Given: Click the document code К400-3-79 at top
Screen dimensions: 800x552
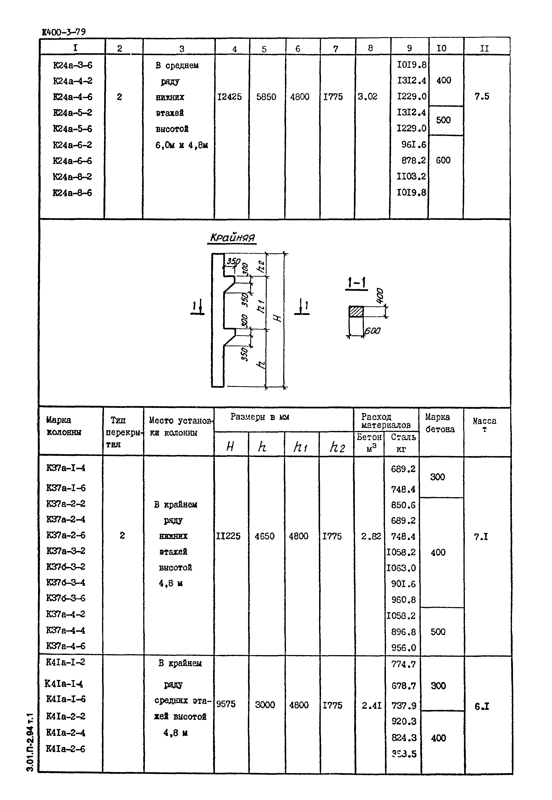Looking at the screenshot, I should point(64,32).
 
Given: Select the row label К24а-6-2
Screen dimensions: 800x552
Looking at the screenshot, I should point(73,145).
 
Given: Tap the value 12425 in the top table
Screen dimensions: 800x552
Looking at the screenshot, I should point(229,97).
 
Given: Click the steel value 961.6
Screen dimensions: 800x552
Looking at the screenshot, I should point(414,145).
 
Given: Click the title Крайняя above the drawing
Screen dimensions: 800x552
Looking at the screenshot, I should point(232,238).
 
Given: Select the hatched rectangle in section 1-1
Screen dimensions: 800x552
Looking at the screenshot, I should point(356,312).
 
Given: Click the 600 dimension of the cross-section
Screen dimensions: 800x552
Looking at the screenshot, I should point(372,331).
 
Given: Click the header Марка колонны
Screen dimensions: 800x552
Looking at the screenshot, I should point(64,426).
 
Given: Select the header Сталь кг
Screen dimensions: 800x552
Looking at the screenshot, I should point(403,443).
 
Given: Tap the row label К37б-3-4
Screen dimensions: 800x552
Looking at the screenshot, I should point(66,582).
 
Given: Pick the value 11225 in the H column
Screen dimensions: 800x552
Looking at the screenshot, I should point(228,536).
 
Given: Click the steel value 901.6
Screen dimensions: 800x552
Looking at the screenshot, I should point(403,584).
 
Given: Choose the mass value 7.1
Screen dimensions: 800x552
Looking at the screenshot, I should point(481,537).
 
